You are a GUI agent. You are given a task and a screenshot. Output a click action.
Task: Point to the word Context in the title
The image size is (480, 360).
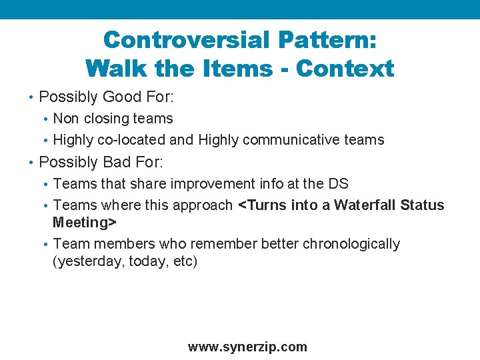tap(345, 68)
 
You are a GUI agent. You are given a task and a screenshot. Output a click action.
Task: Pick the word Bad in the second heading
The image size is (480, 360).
tap(117, 162)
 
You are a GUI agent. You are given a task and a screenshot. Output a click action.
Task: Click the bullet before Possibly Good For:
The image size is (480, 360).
tap(31, 98)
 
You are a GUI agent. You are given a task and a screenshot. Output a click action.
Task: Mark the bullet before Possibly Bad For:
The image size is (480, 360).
tap(31, 163)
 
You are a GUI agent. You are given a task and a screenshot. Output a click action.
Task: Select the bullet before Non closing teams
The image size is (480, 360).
tap(45, 119)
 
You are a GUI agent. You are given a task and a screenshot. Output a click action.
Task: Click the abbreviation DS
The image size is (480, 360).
tap(337, 183)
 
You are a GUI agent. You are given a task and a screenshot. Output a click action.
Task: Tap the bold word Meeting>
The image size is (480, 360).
tap(85, 222)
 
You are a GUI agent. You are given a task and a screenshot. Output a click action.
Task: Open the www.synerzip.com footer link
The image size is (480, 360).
tap(247, 347)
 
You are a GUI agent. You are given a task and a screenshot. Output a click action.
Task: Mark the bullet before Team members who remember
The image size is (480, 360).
tap(45, 245)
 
